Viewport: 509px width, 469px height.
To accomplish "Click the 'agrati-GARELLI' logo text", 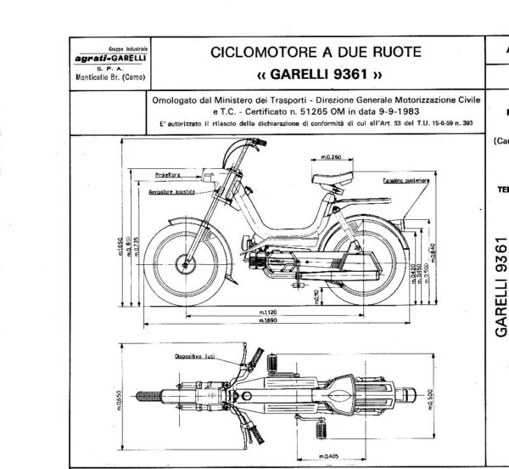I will tap(107, 57).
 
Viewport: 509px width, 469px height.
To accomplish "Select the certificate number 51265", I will tap(322, 110).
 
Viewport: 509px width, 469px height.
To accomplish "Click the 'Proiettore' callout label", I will tap(168, 173).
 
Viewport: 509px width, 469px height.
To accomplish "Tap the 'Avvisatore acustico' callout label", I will tap(173, 193).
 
